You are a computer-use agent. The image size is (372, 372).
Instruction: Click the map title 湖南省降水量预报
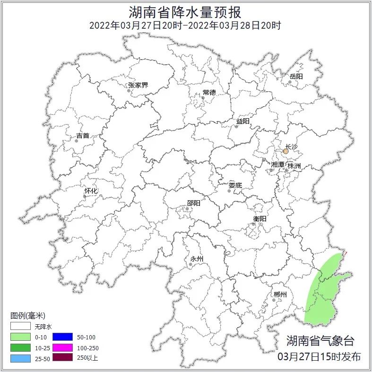pos(185,12)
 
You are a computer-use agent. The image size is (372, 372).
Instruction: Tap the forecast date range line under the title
pos(185,25)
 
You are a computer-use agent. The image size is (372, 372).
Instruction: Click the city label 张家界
pos(138,86)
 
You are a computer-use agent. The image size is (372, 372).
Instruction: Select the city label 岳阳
pos(296,76)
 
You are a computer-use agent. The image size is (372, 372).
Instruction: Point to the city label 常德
pos(209,92)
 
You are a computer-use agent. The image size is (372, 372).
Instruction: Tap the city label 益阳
pos(242,121)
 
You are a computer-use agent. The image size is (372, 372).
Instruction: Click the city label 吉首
pos(83,136)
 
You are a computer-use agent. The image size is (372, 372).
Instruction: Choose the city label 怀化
pos(91,191)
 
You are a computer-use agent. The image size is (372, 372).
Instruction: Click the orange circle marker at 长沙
pos(285,152)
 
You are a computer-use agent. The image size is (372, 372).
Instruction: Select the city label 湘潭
pos(277,165)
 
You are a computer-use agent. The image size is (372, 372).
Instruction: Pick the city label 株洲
pos(294,166)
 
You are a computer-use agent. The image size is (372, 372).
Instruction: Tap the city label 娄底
pos(235,185)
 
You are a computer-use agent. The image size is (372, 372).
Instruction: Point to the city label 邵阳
pos(193,203)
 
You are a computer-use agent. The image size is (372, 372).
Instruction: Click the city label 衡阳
pos(260,218)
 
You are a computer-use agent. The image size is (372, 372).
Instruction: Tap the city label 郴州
pos(280,294)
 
